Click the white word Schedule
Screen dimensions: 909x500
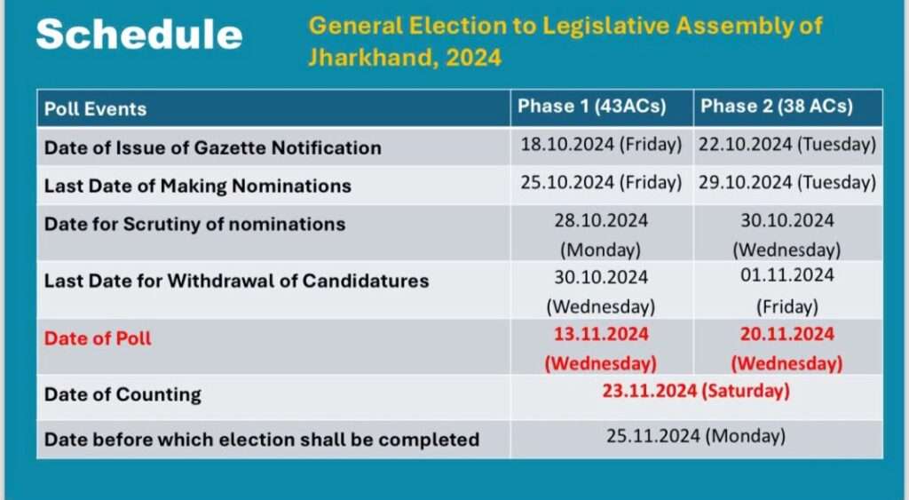tap(139, 35)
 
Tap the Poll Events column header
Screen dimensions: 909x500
tap(96, 109)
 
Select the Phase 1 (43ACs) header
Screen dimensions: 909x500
tap(592, 107)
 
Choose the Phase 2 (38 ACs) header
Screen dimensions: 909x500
tap(777, 107)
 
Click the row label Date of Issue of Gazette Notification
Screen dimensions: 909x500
tap(213, 148)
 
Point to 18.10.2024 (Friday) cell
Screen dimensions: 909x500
tap(601, 145)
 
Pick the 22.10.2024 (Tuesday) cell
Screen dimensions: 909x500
tap(787, 145)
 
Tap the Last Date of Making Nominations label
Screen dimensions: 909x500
tap(198, 186)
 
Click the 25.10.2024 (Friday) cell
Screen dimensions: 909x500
tap(601, 183)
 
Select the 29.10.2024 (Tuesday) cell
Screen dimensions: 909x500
tap(787, 183)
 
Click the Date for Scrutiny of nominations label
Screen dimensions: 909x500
tap(194, 225)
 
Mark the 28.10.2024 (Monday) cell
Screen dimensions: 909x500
tap(601, 235)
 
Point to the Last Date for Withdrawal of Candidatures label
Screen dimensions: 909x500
tap(236, 281)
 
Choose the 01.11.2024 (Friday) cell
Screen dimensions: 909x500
tap(787, 290)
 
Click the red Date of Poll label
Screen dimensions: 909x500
tap(98, 338)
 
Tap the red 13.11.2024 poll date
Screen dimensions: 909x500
tap(601, 335)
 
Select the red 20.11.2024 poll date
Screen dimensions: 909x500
tap(787, 335)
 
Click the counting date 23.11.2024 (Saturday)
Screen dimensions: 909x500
tap(696, 392)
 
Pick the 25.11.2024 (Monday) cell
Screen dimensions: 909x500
tap(696, 436)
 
